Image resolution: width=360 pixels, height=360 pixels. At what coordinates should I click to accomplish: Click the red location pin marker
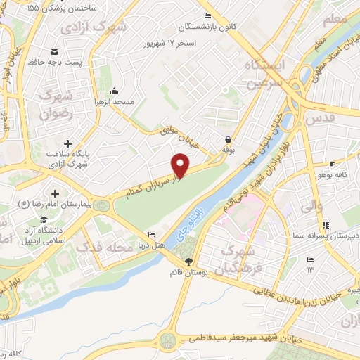click(181, 165)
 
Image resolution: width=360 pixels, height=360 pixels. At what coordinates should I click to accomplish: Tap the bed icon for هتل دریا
click(151, 235)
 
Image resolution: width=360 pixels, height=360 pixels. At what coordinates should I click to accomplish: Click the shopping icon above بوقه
click(229, 139)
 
